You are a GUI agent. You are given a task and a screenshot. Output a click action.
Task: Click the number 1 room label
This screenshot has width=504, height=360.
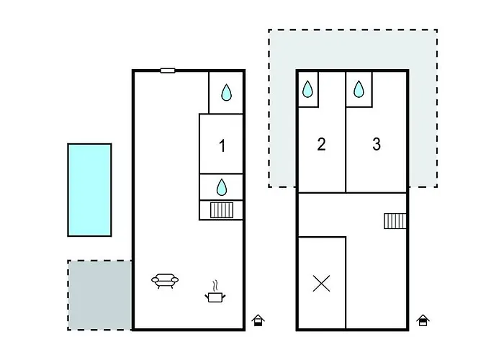pos(222,146)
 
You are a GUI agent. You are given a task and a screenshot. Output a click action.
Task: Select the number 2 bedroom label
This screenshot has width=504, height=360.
pos(321,145)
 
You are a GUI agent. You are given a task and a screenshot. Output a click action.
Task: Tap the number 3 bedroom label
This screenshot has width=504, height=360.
pos(377,144)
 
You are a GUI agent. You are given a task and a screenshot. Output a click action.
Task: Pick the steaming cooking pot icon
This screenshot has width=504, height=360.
pos(214,292)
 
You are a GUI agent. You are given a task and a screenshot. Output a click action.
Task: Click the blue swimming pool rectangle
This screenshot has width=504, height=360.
pos(89,189)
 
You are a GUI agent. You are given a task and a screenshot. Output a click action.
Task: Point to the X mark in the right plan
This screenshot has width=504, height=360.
pos(322,283)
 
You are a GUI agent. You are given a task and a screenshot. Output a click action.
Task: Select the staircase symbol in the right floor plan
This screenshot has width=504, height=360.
pos(395,220)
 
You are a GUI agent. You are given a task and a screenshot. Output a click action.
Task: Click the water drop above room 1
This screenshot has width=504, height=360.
pos(226,92)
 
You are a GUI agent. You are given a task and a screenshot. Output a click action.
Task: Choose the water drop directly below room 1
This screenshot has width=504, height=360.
pos(222,188)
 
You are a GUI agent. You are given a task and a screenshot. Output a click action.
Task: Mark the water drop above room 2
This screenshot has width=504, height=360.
pos(307,89)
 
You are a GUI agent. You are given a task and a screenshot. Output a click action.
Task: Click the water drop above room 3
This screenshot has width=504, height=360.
pos(359,89)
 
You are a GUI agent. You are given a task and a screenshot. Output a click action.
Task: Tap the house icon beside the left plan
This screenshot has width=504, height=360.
pos(258,320)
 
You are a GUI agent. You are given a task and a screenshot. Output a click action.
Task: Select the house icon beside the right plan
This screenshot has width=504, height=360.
pos(423,320)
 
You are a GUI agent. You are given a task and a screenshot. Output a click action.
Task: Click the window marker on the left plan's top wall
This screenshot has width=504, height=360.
pos(168,71)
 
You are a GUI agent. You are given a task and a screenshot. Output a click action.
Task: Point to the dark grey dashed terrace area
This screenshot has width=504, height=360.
pos(100,295)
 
